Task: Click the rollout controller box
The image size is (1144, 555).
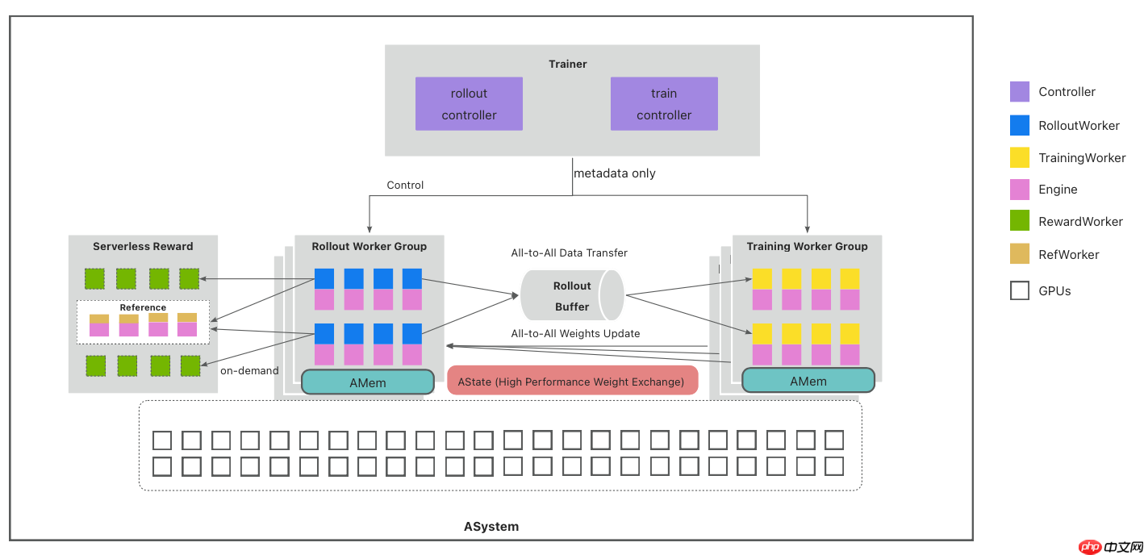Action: point(469,104)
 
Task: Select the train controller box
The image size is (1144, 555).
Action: point(664,104)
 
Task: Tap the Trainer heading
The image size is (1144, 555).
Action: point(568,64)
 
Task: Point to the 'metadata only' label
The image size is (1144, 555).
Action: point(615,173)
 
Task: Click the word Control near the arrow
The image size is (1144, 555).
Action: point(405,185)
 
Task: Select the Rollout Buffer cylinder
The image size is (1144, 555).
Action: point(572,296)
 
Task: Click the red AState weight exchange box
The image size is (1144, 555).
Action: point(571,382)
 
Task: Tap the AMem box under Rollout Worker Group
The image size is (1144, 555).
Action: point(368,382)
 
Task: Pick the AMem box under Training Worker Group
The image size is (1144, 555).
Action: point(808,382)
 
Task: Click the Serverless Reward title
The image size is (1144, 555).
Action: point(143,246)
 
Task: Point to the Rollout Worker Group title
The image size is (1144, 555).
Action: point(370,246)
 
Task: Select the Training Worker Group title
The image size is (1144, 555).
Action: point(807,246)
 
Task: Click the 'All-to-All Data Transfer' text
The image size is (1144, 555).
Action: point(569,252)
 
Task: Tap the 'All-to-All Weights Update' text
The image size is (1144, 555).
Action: point(575,333)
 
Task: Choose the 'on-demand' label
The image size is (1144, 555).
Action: point(249,371)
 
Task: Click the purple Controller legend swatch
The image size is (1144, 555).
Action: point(1020,92)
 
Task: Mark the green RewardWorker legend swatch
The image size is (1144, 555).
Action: point(1020,221)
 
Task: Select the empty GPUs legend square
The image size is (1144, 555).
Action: point(1020,290)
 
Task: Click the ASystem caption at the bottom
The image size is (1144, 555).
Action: point(491,527)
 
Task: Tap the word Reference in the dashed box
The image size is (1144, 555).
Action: point(143,307)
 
